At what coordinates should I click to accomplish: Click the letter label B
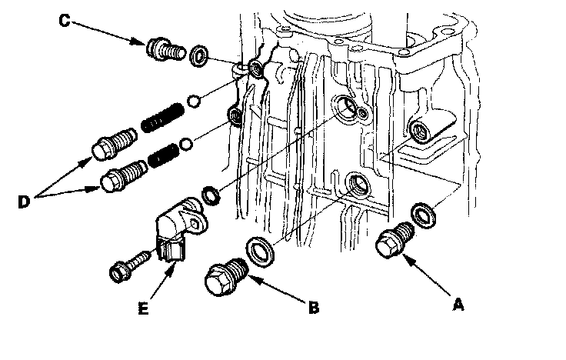pos(314,308)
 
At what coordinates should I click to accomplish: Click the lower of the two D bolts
pos(120,177)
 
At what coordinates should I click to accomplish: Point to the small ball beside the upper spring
pos(195,100)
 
